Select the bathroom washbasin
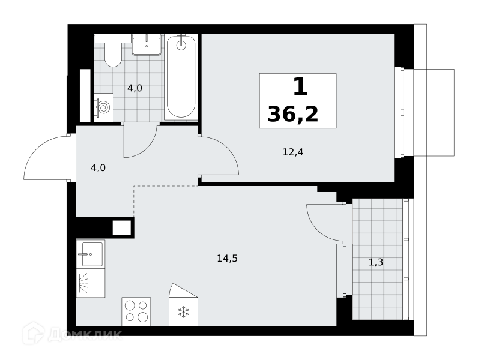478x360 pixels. (x=147, y=44)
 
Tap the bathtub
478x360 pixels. (x=181, y=77)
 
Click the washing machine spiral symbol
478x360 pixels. (x=104, y=107)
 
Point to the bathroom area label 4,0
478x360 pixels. (x=135, y=88)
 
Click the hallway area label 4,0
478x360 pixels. (x=98, y=167)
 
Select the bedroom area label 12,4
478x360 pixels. (x=293, y=152)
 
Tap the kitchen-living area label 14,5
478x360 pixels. (x=227, y=258)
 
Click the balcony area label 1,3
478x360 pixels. (x=376, y=262)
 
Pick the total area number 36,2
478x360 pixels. (x=293, y=114)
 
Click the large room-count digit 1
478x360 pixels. (x=301, y=86)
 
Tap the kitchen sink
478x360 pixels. (x=91, y=254)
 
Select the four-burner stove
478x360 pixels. (x=136, y=311)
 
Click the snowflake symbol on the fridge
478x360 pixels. (x=184, y=312)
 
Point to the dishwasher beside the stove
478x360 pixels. (x=91, y=283)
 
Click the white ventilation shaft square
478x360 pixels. (x=122, y=227)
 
